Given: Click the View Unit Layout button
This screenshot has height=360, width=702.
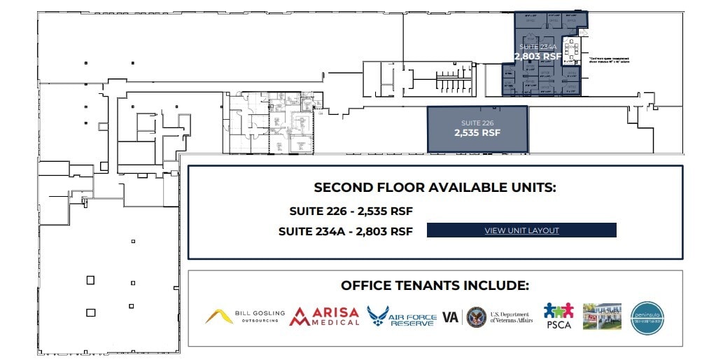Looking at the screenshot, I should click(521, 230).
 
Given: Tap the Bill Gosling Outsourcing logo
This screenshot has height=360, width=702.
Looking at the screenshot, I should click(241, 317).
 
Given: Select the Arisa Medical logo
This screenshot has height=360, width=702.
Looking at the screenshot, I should click(324, 317).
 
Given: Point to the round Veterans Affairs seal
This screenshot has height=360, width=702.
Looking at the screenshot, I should click(476, 317).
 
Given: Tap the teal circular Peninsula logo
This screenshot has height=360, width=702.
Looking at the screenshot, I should click(647, 318).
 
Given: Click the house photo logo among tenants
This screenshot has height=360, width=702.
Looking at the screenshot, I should click(602, 317).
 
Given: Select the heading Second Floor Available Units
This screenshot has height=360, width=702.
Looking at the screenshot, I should click(435, 188).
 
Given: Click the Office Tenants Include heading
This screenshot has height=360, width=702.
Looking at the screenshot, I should click(435, 286).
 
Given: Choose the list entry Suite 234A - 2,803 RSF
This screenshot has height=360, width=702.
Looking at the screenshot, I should click(345, 230).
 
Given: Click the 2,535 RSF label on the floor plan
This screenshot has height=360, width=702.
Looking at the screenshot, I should click(477, 132).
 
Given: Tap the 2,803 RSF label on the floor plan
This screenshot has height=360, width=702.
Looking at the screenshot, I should click(538, 56).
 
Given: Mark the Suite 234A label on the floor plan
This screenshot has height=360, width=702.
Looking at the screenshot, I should click(538, 47).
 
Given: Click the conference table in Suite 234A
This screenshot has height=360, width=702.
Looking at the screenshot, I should click(572, 49).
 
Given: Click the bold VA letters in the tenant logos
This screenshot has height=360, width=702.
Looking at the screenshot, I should click(450, 317).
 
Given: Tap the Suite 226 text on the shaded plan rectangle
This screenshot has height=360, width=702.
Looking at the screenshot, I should click(477, 123).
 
